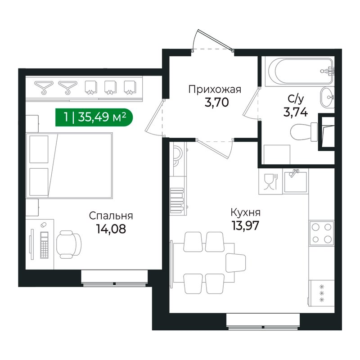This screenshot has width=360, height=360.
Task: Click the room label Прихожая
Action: tap(215, 89)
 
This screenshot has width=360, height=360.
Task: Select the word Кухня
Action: tap(245, 212)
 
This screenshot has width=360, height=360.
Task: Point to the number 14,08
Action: tap(110, 229)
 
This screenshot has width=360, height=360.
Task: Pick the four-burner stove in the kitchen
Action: tap(321, 233)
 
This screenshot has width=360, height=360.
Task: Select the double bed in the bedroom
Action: tap(70, 165)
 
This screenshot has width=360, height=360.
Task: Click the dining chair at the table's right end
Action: tap(236, 263)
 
